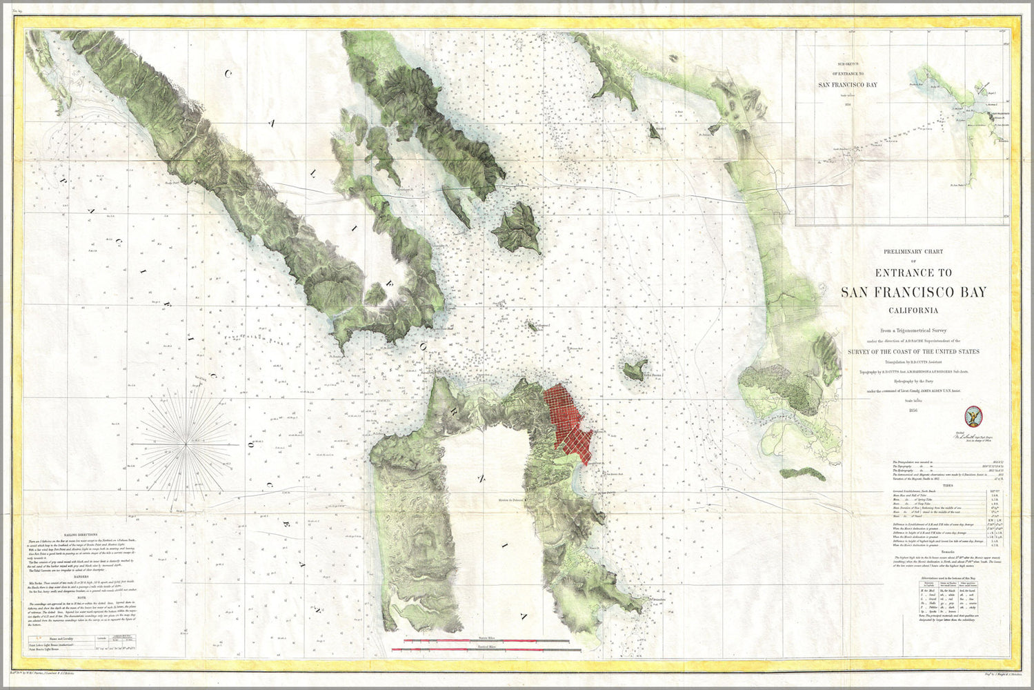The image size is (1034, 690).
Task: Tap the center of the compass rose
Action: click(x=187, y=446)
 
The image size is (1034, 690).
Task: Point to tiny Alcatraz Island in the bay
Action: click(x=532, y=324)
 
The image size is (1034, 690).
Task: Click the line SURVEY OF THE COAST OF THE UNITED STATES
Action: click(x=913, y=352)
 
